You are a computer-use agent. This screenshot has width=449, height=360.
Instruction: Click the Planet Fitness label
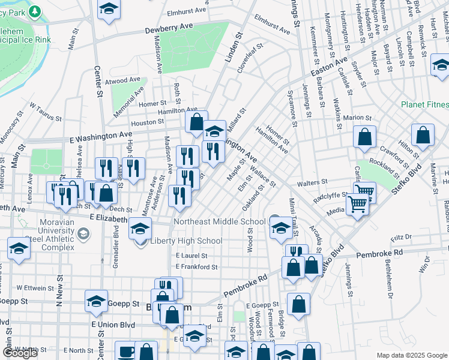point(425,104)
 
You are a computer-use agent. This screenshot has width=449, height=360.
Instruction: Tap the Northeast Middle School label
point(219,221)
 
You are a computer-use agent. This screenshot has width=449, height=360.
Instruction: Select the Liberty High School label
point(186,241)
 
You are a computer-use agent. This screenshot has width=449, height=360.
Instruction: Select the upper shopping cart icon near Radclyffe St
point(364,192)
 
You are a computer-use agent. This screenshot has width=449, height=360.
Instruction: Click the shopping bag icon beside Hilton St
point(423,135)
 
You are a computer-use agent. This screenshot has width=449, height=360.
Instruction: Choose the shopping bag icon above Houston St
point(196,121)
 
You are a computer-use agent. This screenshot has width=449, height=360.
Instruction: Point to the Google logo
point(20,352)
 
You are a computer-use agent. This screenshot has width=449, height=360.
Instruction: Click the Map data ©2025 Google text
point(412,355)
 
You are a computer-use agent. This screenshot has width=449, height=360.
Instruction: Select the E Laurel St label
point(192,256)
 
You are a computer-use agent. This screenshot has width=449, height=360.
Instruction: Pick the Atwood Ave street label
point(122,80)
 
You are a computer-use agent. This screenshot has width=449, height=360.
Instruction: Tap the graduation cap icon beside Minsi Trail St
point(280,227)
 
